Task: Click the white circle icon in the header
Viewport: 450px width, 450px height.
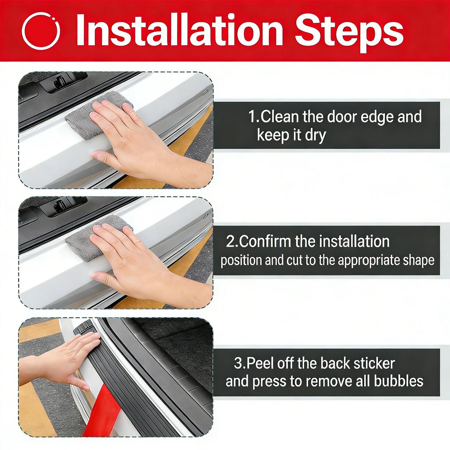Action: click(x=40, y=31)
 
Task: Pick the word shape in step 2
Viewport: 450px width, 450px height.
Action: click(x=418, y=260)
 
